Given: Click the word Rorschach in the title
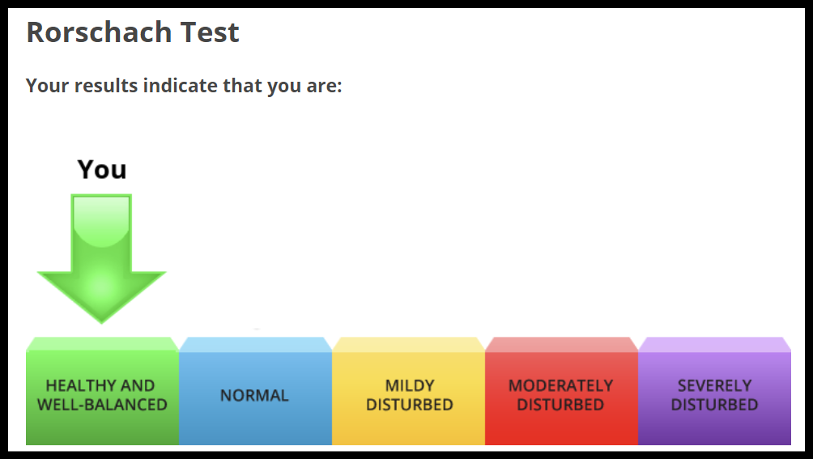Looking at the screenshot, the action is (99, 32).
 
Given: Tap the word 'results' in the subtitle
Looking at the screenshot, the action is (106, 86).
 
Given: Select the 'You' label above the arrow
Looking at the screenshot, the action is (102, 169).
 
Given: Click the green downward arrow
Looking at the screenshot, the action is (102, 259).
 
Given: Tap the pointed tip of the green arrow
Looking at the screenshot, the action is (102, 323).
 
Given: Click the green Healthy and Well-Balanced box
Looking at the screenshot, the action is (102, 391).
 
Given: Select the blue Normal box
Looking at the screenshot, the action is (255, 391).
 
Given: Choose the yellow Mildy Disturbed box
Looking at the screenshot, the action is (409, 391).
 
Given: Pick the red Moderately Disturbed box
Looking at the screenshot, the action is (561, 391).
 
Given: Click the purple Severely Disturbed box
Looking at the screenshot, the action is (714, 391).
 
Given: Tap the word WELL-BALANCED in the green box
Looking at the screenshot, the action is (102, 405).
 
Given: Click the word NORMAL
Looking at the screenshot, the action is (254, 395).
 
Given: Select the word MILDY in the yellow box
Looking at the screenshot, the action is (410, 386).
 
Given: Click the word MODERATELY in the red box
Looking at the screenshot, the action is (560, 386).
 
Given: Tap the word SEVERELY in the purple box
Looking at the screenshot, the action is (714, 386).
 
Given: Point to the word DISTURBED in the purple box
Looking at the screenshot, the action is (714, 405).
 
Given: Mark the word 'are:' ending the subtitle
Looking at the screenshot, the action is (324, 87).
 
